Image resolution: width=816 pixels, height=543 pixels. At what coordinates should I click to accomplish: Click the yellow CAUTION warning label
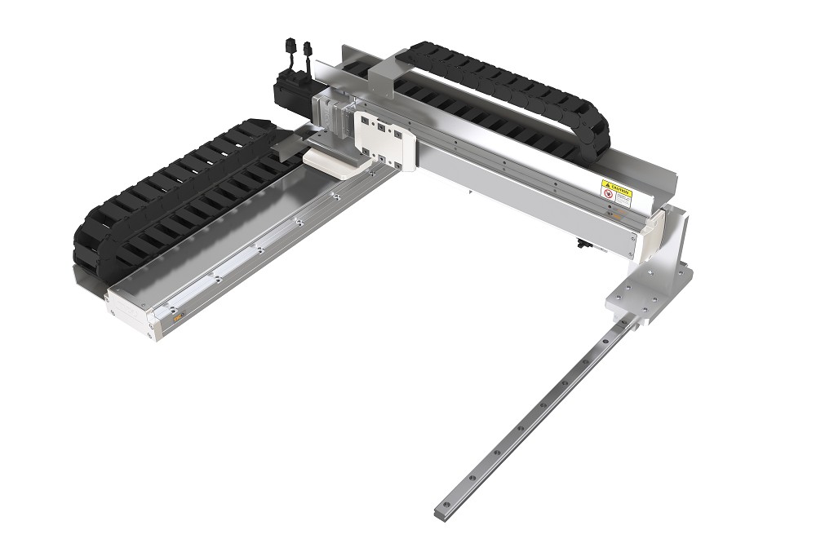(617, 192)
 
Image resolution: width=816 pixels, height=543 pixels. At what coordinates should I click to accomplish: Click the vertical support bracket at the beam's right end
(674, 236)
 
